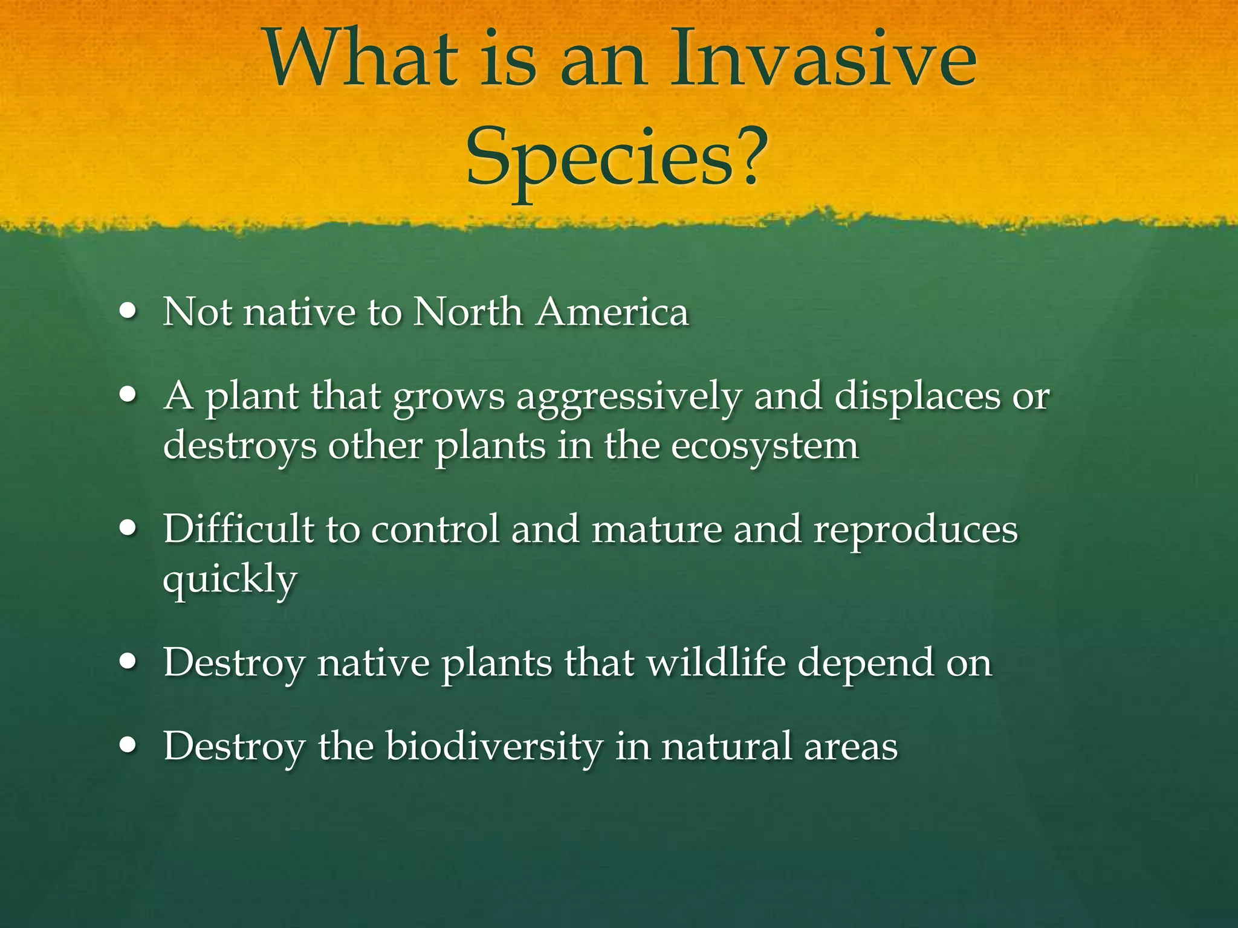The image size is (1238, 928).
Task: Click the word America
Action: [612, 313]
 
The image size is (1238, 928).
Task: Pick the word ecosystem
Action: [764, 447]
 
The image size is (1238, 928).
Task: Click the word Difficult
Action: [238, 529]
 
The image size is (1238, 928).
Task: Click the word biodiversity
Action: [494, 747]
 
